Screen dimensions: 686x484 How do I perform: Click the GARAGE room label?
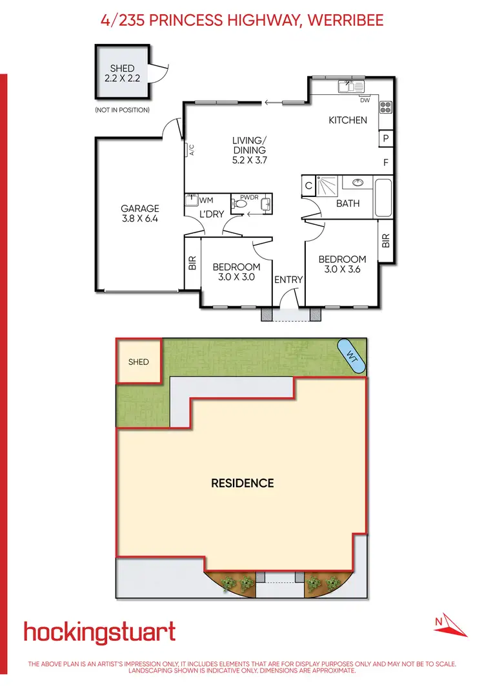coord(139,209)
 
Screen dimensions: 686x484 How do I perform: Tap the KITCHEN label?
coord(348,120)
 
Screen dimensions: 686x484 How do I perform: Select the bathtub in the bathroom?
coord(383,199)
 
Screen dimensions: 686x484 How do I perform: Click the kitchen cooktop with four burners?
coord(386,107)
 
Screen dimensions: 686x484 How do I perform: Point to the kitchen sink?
coord(352,86)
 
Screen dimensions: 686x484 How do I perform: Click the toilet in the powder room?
coord(241,203)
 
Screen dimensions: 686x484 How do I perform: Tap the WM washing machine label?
coord(207,201)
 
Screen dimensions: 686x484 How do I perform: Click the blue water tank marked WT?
coord(352,355)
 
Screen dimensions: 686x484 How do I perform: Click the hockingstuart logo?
coord(99,631)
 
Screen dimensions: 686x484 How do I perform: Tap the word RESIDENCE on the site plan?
coord(243,483)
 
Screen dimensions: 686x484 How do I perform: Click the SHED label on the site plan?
coord(138,362)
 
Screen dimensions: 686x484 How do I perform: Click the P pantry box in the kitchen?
coord(386,138)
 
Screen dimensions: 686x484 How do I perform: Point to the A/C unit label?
coord(191,150)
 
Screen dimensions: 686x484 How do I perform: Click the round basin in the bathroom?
coord(358,183)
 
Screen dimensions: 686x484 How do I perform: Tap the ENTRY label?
coord(288,280)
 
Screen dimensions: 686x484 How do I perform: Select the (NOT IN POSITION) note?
coord(122,110)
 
